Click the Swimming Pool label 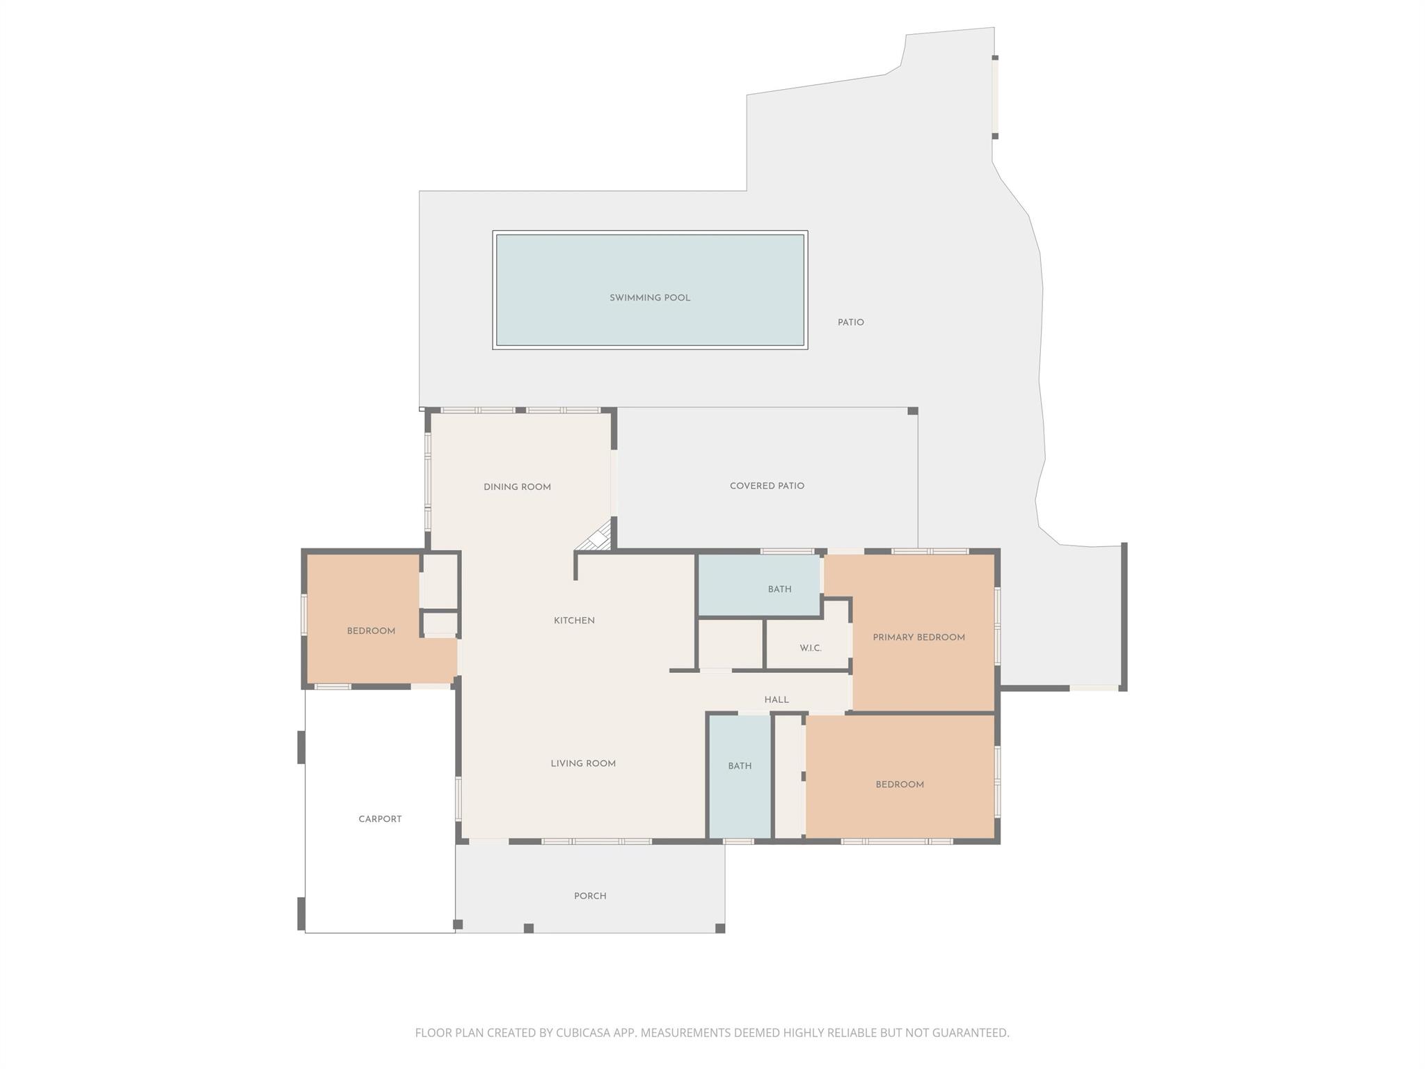click(649, 298)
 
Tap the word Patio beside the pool click(850, 322)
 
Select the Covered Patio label click(767, 486)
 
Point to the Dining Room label click(517, 487)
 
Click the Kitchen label click(574, 621)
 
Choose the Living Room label click(583, 763)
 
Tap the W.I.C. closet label click(811, 648)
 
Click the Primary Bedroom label click(918, 638)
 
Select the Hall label click(777, 699)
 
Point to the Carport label click(380, 819)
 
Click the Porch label click(590, 896)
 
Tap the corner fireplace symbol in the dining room click(598, 538)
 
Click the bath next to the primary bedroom click(779, 589)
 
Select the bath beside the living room click(740, 766)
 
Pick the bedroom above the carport click(371, 631)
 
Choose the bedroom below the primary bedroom click(900, 784)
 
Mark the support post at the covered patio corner click(913, 411)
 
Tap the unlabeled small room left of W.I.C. click(731, 644)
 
